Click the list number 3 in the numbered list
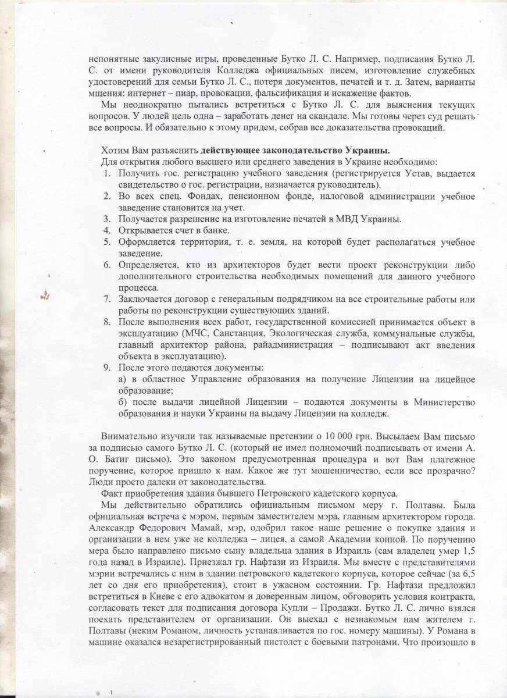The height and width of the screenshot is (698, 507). pyautogui.click(x=107, y=219)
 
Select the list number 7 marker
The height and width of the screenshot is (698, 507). pyautogui.click(x=107, y=299)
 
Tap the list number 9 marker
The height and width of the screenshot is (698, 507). pyautogui.click(x=107, y=368)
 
